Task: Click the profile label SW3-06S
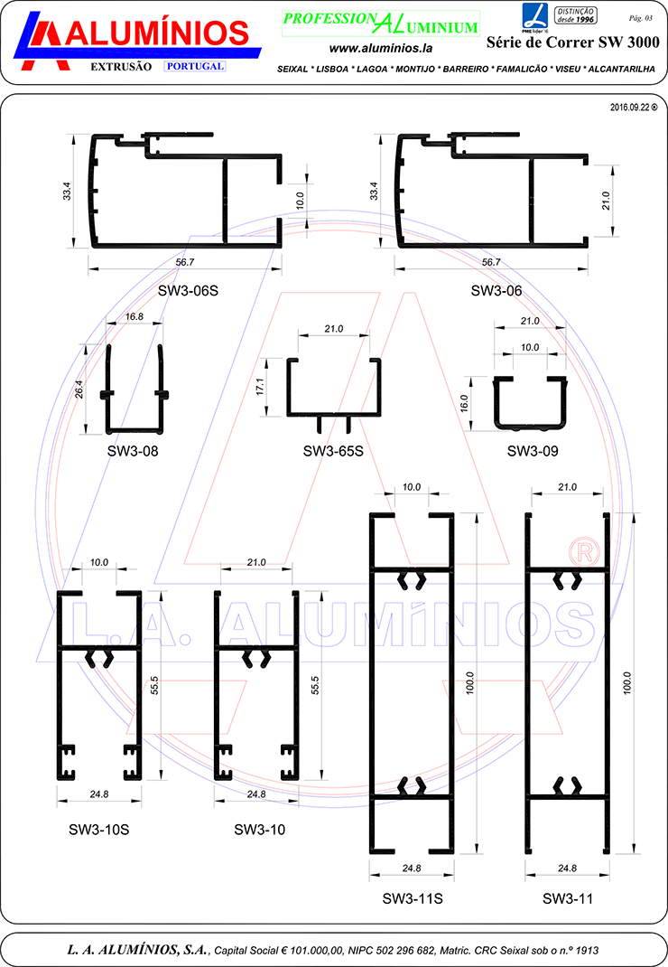click(188, 290)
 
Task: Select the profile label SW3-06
click(496, 290)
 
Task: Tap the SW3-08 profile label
click(133, 451)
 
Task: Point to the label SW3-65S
click(333, 451)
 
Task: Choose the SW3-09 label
click(533, 451)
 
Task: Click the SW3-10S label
click(98, 830)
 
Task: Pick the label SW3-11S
click(413, 898)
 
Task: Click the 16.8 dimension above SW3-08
click(134, 317)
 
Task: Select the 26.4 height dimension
click(79, 390)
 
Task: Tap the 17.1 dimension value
click(259, 387)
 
